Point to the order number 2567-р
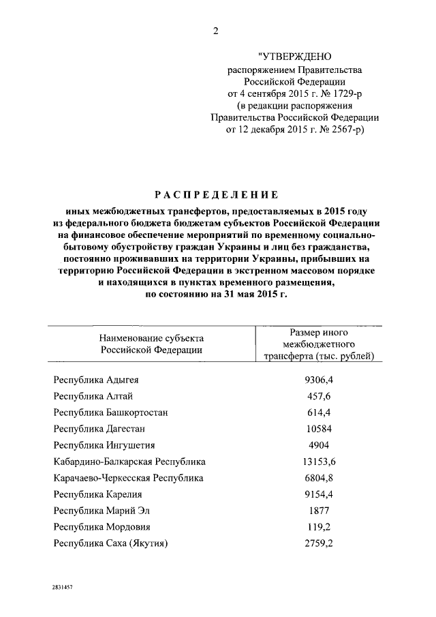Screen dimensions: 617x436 [x=341, y=131]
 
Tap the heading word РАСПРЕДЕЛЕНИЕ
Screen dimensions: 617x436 [x=218, y=194]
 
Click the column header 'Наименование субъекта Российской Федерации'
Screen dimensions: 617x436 [x=151, y=344]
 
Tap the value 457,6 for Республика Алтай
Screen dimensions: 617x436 [x=318, y=396]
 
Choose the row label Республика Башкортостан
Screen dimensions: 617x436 [x=110, y=412]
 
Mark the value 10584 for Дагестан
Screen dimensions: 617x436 [x=318, y=429]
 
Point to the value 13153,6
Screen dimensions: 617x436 [x=319, y=462]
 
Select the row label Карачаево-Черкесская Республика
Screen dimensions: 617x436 [x=128, y=478]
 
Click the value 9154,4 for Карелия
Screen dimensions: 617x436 [x=319, y=494]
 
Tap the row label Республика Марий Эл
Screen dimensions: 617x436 [x=101, y=511]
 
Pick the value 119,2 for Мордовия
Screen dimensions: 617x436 [x=318, y=527]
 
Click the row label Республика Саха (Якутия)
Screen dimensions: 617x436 [x=111, y=543]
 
